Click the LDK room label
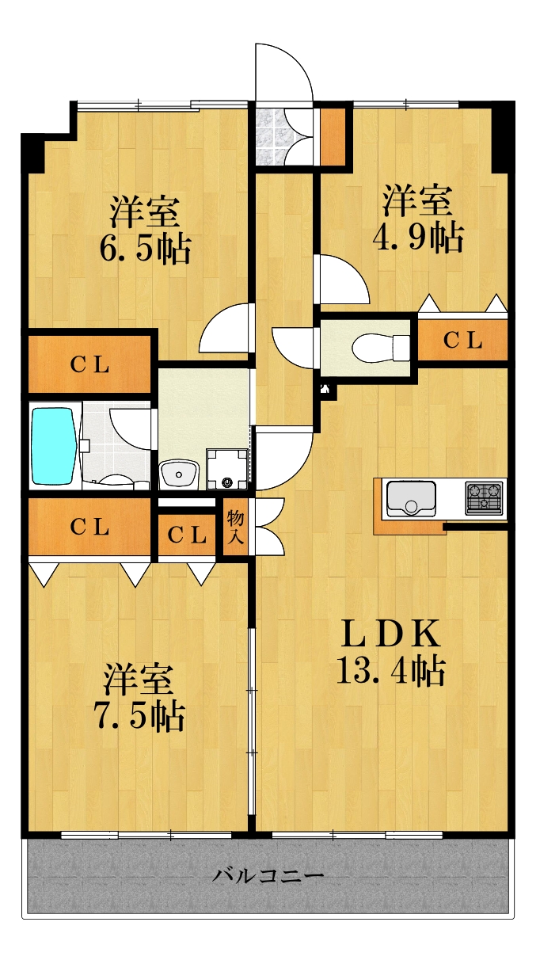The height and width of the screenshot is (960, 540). pos(390,634)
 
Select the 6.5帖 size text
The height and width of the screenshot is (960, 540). pos(145,249)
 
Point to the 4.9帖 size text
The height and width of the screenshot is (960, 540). pos(418,238)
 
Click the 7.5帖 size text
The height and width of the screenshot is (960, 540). pos(139,716)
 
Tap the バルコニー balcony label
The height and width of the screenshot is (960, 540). pos(268,875)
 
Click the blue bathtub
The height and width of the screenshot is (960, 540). pos(54,444)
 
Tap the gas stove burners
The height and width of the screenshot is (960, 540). pos(483,498)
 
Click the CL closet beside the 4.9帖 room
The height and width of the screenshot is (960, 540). pos(462,341)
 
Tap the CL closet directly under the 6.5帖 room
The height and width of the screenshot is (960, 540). pos(89,365)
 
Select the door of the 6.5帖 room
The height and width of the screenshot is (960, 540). pos(226,328)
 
